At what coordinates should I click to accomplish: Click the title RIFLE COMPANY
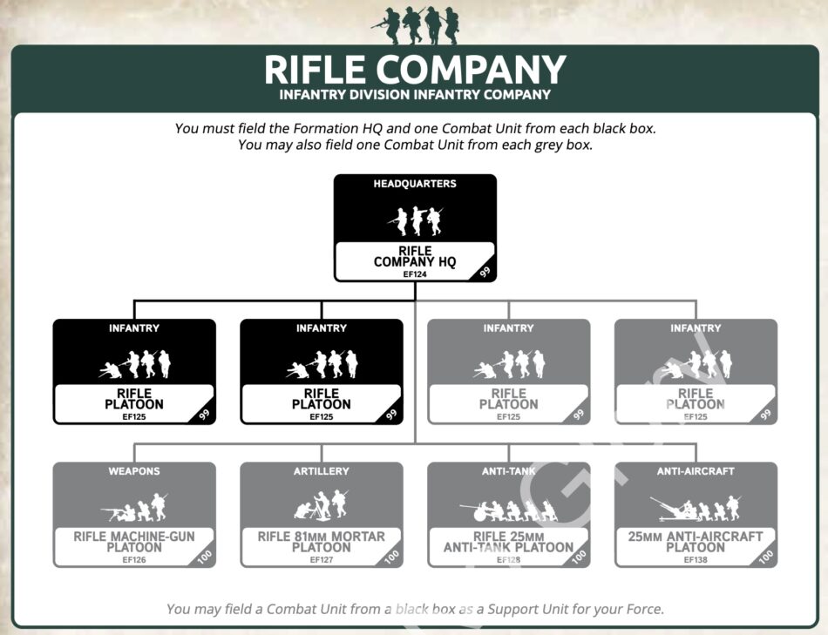pyautogui.click(x=415, y=70)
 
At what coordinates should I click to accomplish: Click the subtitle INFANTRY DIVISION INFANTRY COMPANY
pyautogui.click(x=415, y=94)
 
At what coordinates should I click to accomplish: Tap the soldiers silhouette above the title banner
pyautogui.click(x=415, y=24)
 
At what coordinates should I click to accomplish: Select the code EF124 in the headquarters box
pyautogui.click(x=414, y=274)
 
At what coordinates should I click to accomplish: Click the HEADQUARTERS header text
pyautogui.click(x=415, y=184)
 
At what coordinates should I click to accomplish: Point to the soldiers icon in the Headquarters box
pyautogui.click(x=415, y=220)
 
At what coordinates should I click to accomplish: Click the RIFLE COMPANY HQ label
pyautogui.click(x=415, y=256)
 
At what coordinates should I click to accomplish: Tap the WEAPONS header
pyautogui.click(x=134, y=471)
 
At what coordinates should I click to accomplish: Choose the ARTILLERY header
pyautogui.click(x=322, y=471)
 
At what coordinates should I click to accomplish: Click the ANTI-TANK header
pyautogui.click(x=508, y=471)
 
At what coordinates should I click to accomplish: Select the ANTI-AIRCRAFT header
pyautogui.click(x=696, y=471)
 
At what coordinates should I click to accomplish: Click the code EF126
pyautogui.click(x=134, y=560)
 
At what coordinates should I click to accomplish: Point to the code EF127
pyautogui.click(x=322, y=560)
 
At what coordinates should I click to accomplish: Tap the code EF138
pyautogui.click(x=696, y=560)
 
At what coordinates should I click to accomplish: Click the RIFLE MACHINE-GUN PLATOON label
pyautogui.click(x=134, y=542)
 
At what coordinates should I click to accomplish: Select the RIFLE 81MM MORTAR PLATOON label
pyautogui.click(x=322, y=542)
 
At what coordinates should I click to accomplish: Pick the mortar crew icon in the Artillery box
pyautogui.click(x=322, y=505)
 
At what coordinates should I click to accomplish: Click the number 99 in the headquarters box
pyautogui.click(x=485, y=272)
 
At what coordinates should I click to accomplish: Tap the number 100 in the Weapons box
pyautogui.click(x=205, y=556)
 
